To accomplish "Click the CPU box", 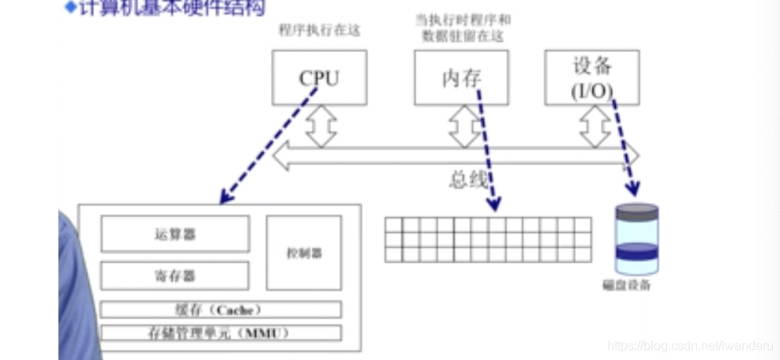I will coord(319,77).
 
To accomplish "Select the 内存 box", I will coord(461,77).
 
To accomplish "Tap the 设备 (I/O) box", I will coord(591,77).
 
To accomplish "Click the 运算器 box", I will coord(174,234).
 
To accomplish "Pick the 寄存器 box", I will coord(174,276).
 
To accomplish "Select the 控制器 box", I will coord(304,253).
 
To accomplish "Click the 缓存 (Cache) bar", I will coord(220,309).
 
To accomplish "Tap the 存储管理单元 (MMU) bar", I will coord(220,332).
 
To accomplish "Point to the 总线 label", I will coord(468,180).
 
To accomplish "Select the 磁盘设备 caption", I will coord(627,285).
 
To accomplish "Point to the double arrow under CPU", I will coord(321,126).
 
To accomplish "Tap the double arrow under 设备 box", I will coord(594,126).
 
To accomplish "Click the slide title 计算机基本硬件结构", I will coord(170,9).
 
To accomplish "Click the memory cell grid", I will coord(488,239).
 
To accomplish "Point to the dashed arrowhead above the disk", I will coord(632,189).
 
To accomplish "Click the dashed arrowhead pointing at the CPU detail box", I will coord(227,196).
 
